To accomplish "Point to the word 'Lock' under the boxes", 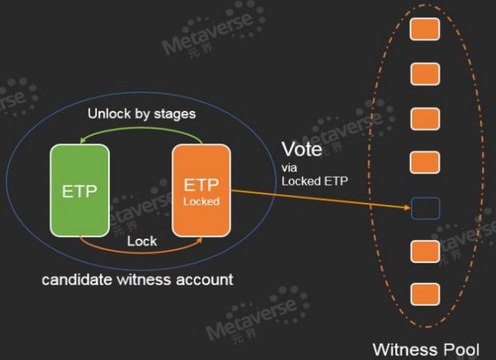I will pyautogui.click(x=142, y=242).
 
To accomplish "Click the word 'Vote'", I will pyautogui.click(x=301, y=149).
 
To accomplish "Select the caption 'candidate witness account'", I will pyautogui.click(x=138, y=280).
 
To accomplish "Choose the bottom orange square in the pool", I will pyautogui.click(x=424, y=293).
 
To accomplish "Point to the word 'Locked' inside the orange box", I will pyautogui.click(x=201, y=200).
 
